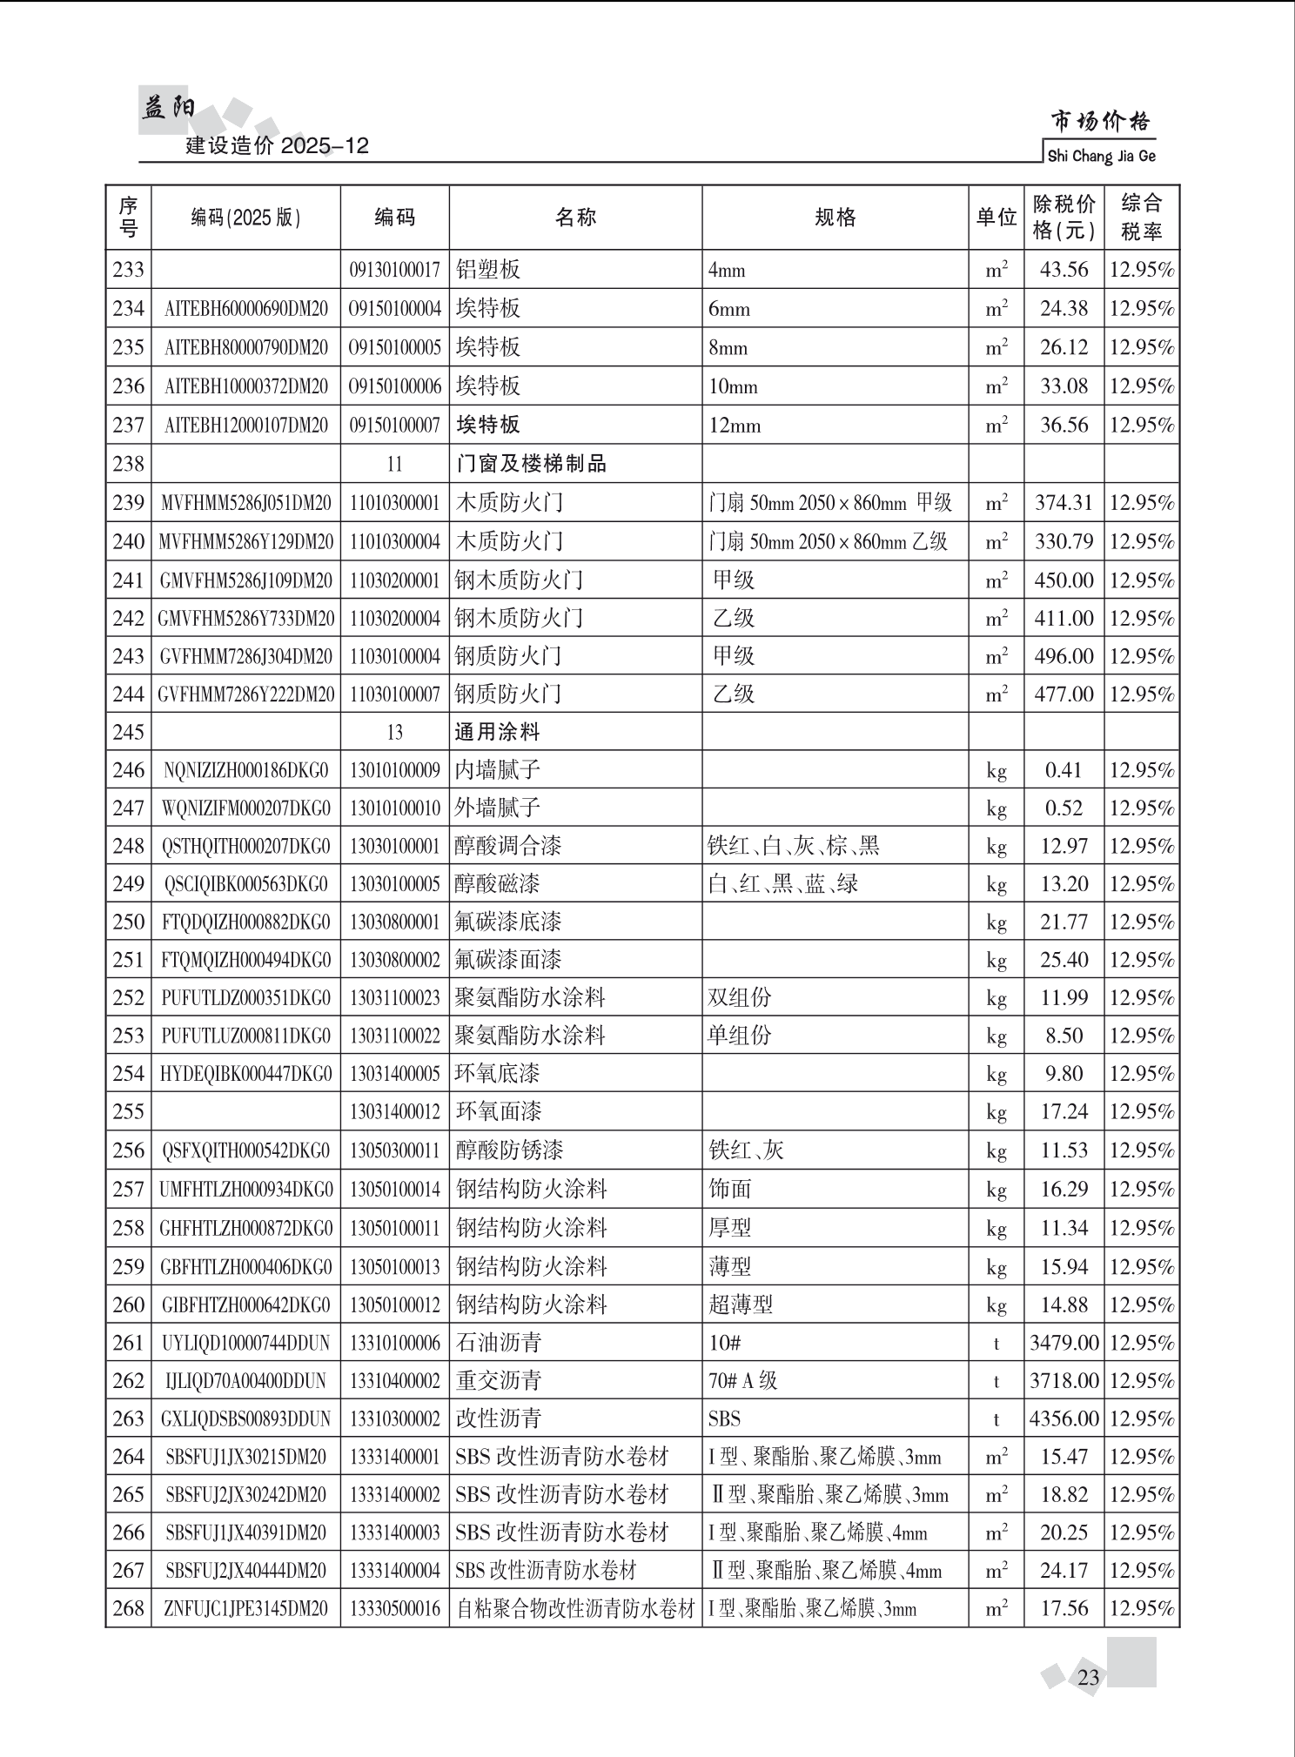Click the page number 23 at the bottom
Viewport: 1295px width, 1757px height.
pyautogui.click(x=1088, y=1677)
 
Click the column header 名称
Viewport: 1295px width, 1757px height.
pyautogui.click(x=575, y=218)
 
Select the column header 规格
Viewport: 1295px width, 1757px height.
pyautogui.click(x=835, y=218)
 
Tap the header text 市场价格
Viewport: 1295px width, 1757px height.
pyautogui.click(x=1100, y=121)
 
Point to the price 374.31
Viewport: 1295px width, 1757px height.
pyautogui.click(x=1064, y=503)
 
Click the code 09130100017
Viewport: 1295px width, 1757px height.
pyautogui.click(x=395, y=270)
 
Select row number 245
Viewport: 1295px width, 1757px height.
pyautogui.click(x=128, y=732)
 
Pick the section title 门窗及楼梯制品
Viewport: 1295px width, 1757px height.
pyautogui.click(x=531, y=464)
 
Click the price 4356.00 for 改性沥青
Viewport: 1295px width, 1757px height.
pyautogui.click(x=1064, y=1418)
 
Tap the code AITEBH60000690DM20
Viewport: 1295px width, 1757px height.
pyautogui.click(x=246, y=309)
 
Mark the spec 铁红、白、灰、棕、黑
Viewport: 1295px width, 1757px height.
pyautogui.click(x=794, y=846)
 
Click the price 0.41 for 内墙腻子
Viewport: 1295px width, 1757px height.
pyautogui.click(x=1064, y=770)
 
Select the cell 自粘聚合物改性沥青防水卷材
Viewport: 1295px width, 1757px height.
pyautogui.click(x=575, y=1608)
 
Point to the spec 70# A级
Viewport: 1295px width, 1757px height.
pyautogui.click(x=742, y=1381)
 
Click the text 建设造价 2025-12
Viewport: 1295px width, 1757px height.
pyautogui.click(x=277, y=146)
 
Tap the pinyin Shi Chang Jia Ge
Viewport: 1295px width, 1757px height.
pyautogui.click(x=1101, y=157)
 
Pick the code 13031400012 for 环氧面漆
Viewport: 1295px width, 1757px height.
pyautogui.click(x=395, y=1111)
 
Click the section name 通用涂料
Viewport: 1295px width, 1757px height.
pyautogui.click(x=497, y=732)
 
